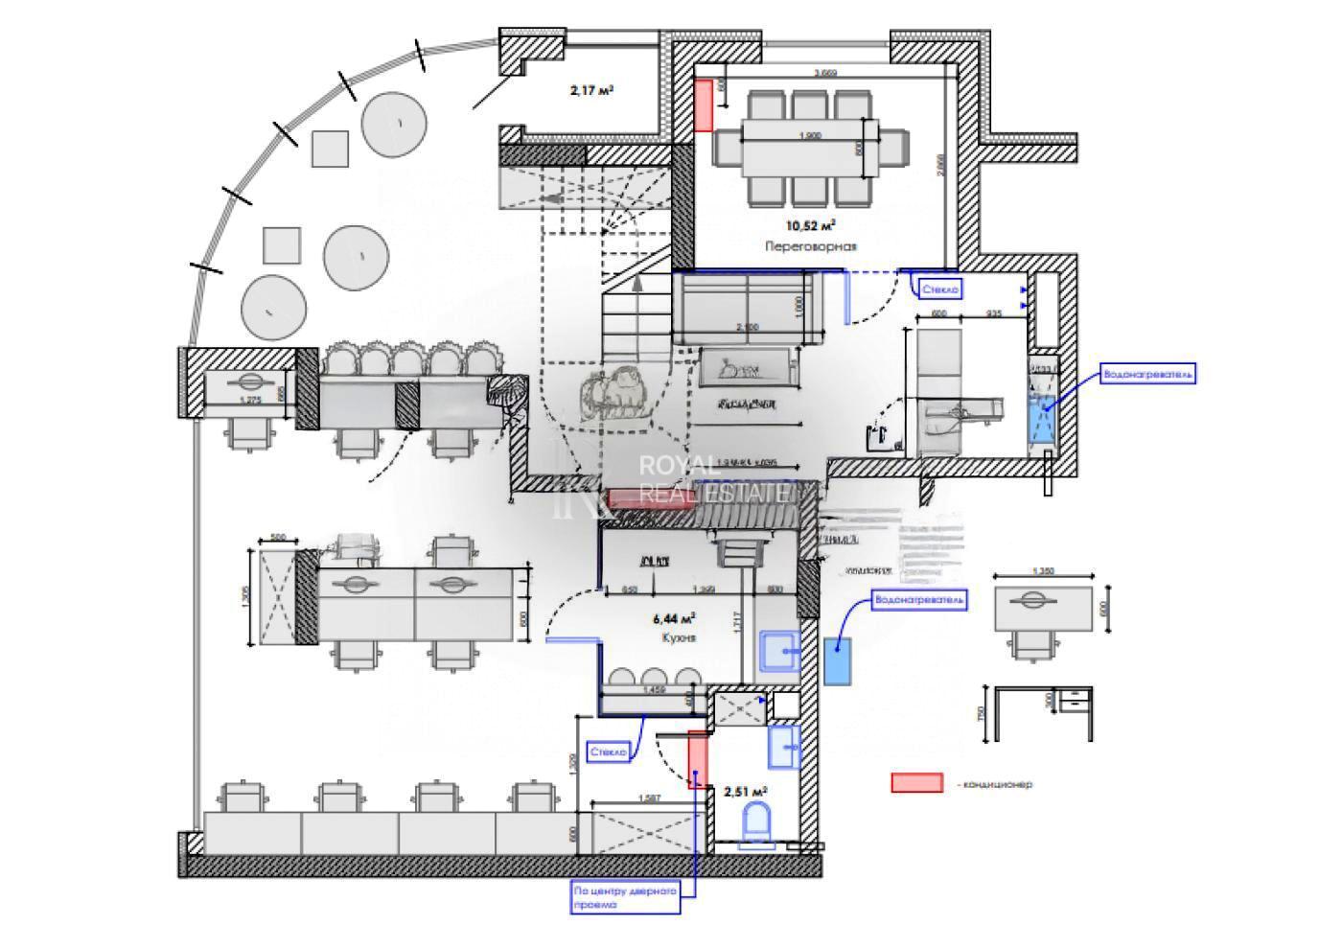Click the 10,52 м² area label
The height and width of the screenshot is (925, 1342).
810,226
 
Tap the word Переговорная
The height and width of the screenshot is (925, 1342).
810,246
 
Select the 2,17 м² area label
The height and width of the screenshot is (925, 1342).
591,91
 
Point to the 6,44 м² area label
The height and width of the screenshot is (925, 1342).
675,618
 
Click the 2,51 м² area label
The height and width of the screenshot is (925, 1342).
745,792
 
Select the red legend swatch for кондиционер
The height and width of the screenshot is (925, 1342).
916,783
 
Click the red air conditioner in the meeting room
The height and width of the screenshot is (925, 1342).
703,105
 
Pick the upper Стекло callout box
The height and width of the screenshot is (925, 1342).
939,289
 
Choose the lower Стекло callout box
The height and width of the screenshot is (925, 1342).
609,752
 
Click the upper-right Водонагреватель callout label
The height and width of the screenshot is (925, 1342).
1147,374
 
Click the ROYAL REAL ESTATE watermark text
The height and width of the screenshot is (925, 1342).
714,479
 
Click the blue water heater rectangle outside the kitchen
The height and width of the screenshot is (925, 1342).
838,660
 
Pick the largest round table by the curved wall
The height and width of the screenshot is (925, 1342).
394,124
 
